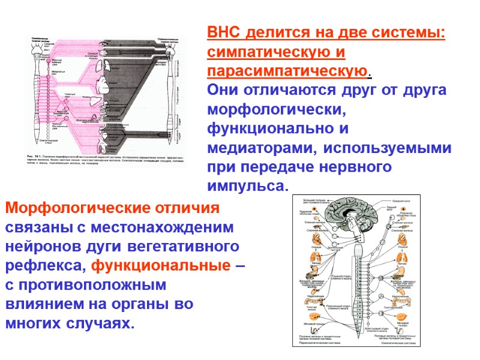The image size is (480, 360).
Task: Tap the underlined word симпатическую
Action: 269,52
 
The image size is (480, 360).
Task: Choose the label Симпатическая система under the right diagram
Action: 391,343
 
